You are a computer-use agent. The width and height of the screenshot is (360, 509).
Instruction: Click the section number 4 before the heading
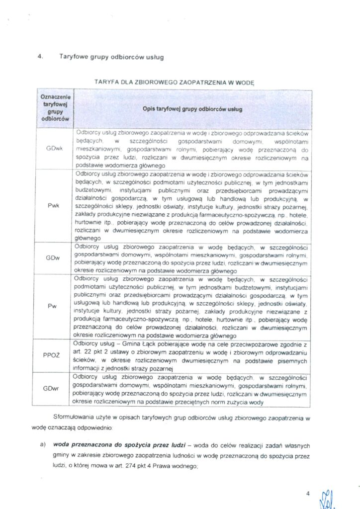pos(40,57)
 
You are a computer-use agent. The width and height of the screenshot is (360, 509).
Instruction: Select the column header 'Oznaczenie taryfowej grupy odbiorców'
pos(55,108)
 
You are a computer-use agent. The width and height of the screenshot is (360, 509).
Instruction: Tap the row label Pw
pos(52,306)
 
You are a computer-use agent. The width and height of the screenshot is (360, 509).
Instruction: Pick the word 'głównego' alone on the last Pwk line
pos(87,238)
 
